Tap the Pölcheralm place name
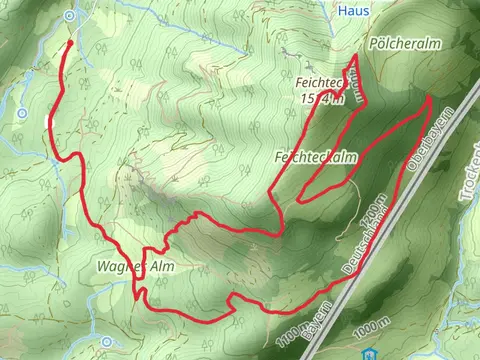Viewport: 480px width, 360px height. click(404, 45)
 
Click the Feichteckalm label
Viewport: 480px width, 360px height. click(315, 158)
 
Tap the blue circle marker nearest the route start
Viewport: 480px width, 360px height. click(69, 15)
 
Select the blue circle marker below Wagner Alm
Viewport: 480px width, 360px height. click(106, 342)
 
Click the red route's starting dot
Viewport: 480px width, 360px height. click(69, 42)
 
